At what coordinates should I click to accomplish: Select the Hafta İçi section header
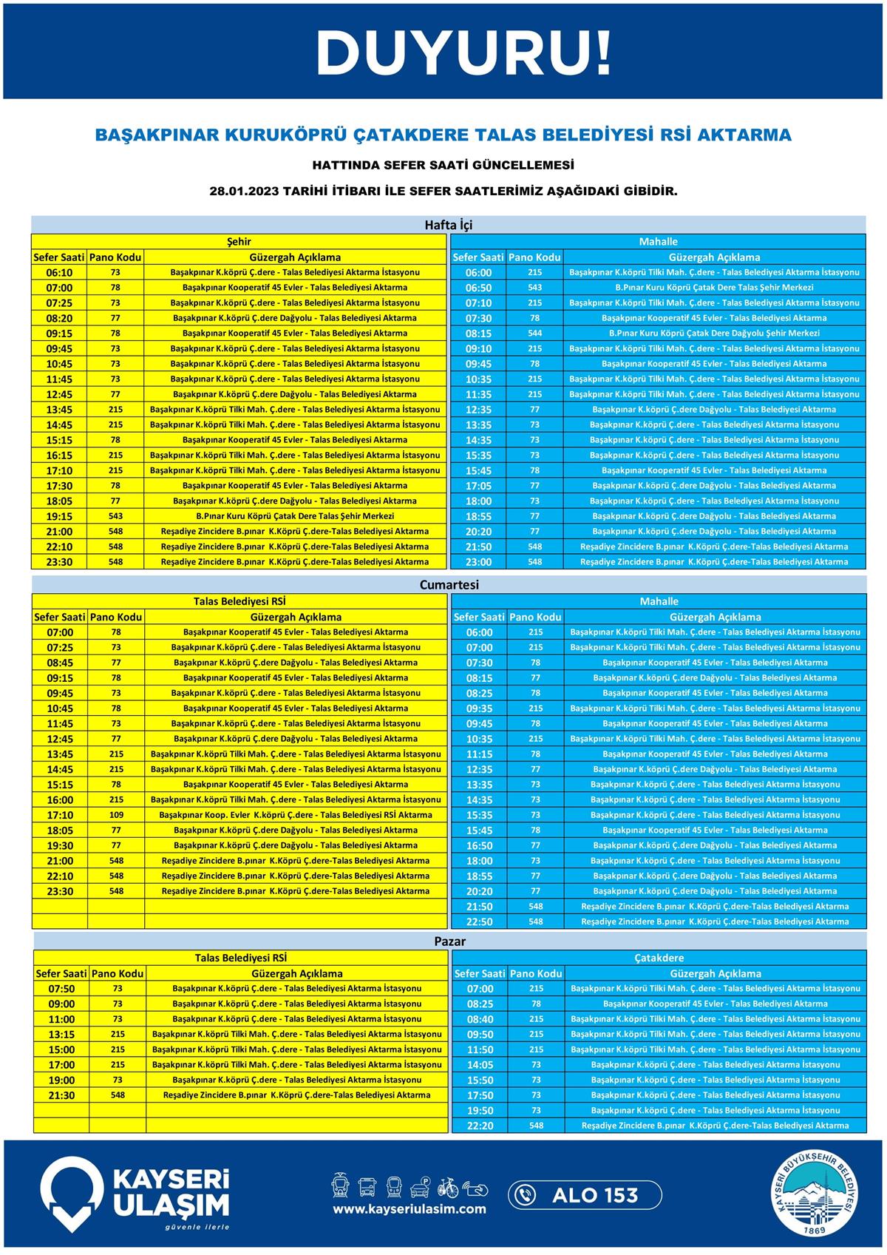448,224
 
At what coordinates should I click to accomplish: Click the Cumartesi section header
449,584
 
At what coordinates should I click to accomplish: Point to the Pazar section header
449,941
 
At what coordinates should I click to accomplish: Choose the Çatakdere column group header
659,958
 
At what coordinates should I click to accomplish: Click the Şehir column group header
239,241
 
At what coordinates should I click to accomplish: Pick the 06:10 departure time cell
59,273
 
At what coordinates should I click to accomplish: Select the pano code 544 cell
535,334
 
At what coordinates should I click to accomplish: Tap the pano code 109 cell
116,815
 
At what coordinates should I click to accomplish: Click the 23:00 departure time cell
478,562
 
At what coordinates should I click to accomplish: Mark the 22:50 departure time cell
479,922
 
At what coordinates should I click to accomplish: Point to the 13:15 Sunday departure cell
61,1035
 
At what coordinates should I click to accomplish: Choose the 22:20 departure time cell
480,1126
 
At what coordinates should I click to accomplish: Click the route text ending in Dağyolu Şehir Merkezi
713,334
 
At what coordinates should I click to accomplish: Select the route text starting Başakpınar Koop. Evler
296,815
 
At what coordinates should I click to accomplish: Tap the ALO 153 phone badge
584,1194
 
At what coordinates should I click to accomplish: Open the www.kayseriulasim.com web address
409,1209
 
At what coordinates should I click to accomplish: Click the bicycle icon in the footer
448,1187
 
